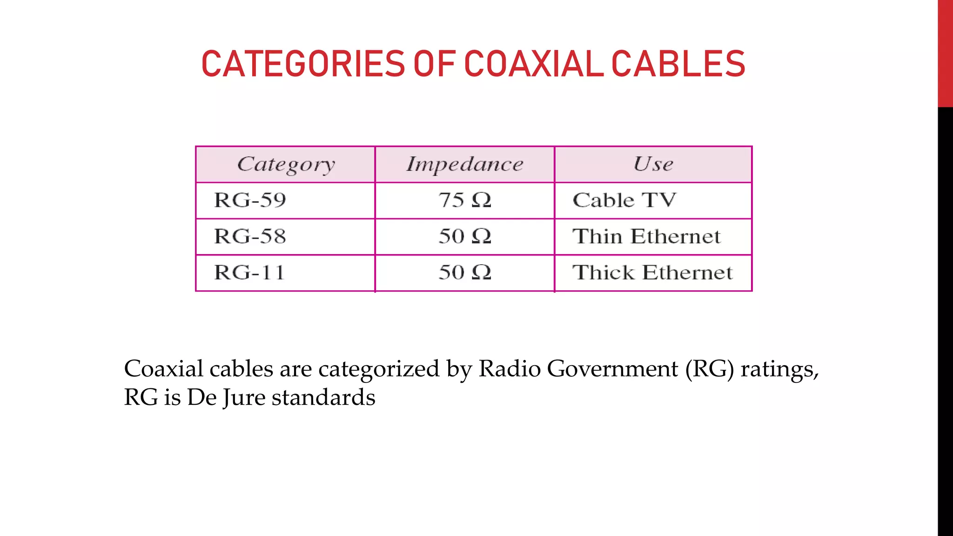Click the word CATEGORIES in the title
(303, 64)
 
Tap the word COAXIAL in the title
(533, 64)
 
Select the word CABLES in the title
(678, 64)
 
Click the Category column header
(286, 164)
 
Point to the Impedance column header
(464, 164)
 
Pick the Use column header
(653, 164)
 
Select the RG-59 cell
(250, 201)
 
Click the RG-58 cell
(250, 236)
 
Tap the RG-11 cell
(249, 273)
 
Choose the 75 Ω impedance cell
(464, 201)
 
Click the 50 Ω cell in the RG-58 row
(464, 236)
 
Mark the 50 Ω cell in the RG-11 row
(464, 273)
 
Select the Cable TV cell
(624, 201)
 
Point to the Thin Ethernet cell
(646, 236)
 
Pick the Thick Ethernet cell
(652, 273)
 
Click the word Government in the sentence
(612, 369)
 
